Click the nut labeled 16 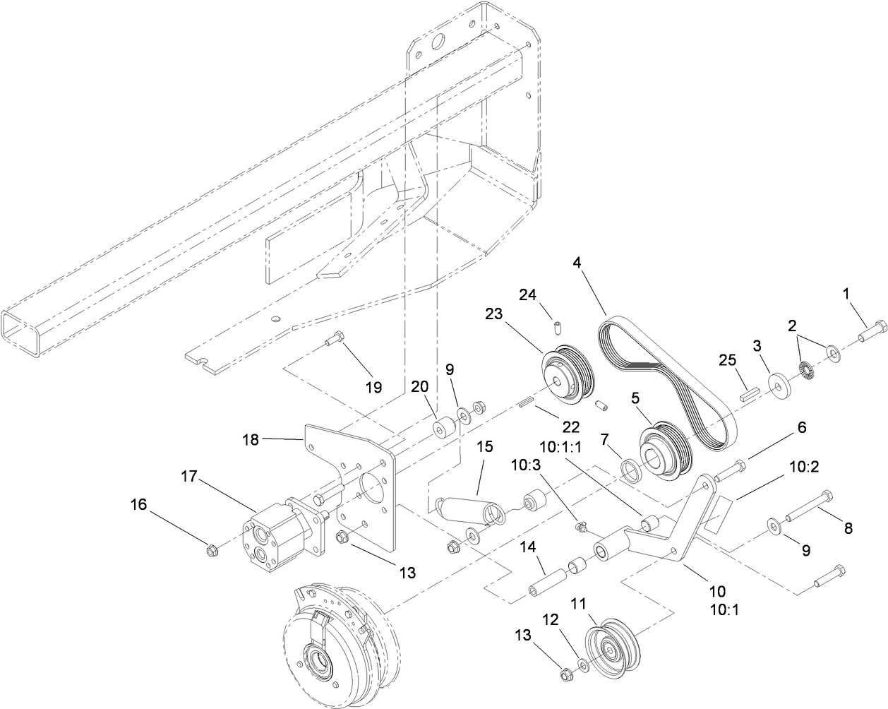click(209, 549)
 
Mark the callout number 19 click(373, 387)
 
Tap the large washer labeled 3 click(781, 386)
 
